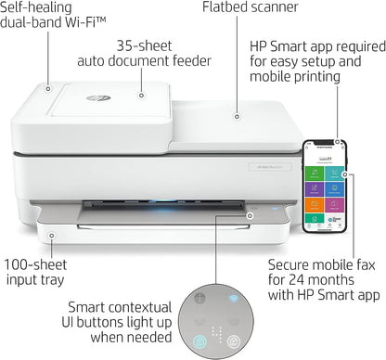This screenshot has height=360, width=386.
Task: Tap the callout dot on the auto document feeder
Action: [141, 94]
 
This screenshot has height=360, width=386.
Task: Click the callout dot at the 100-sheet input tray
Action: [52, 238]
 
